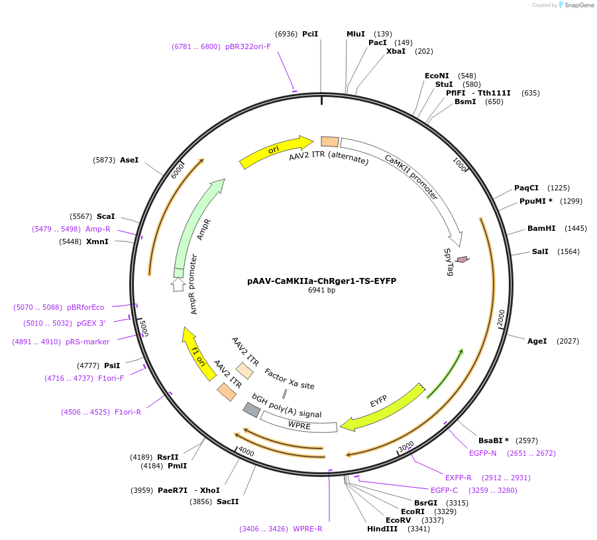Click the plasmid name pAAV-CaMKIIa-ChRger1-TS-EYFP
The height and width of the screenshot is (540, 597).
click(321, 281)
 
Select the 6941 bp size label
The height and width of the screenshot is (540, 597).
click(321, 290)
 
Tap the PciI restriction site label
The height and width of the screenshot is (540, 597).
click(310, 34)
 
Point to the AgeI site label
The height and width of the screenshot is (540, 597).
click(537, 341)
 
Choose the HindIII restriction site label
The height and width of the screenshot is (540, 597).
click(382, 529)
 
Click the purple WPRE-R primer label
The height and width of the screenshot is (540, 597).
click(307, 529)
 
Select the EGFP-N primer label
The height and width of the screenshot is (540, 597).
click(482, 453)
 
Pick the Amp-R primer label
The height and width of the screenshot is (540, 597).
click(98, 229)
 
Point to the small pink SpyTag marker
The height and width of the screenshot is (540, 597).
click(462, 259)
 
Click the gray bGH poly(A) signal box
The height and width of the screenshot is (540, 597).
click(252, 410)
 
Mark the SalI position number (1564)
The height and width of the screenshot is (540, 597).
click(569, 251)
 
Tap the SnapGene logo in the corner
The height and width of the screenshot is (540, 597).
click(573, 5)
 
